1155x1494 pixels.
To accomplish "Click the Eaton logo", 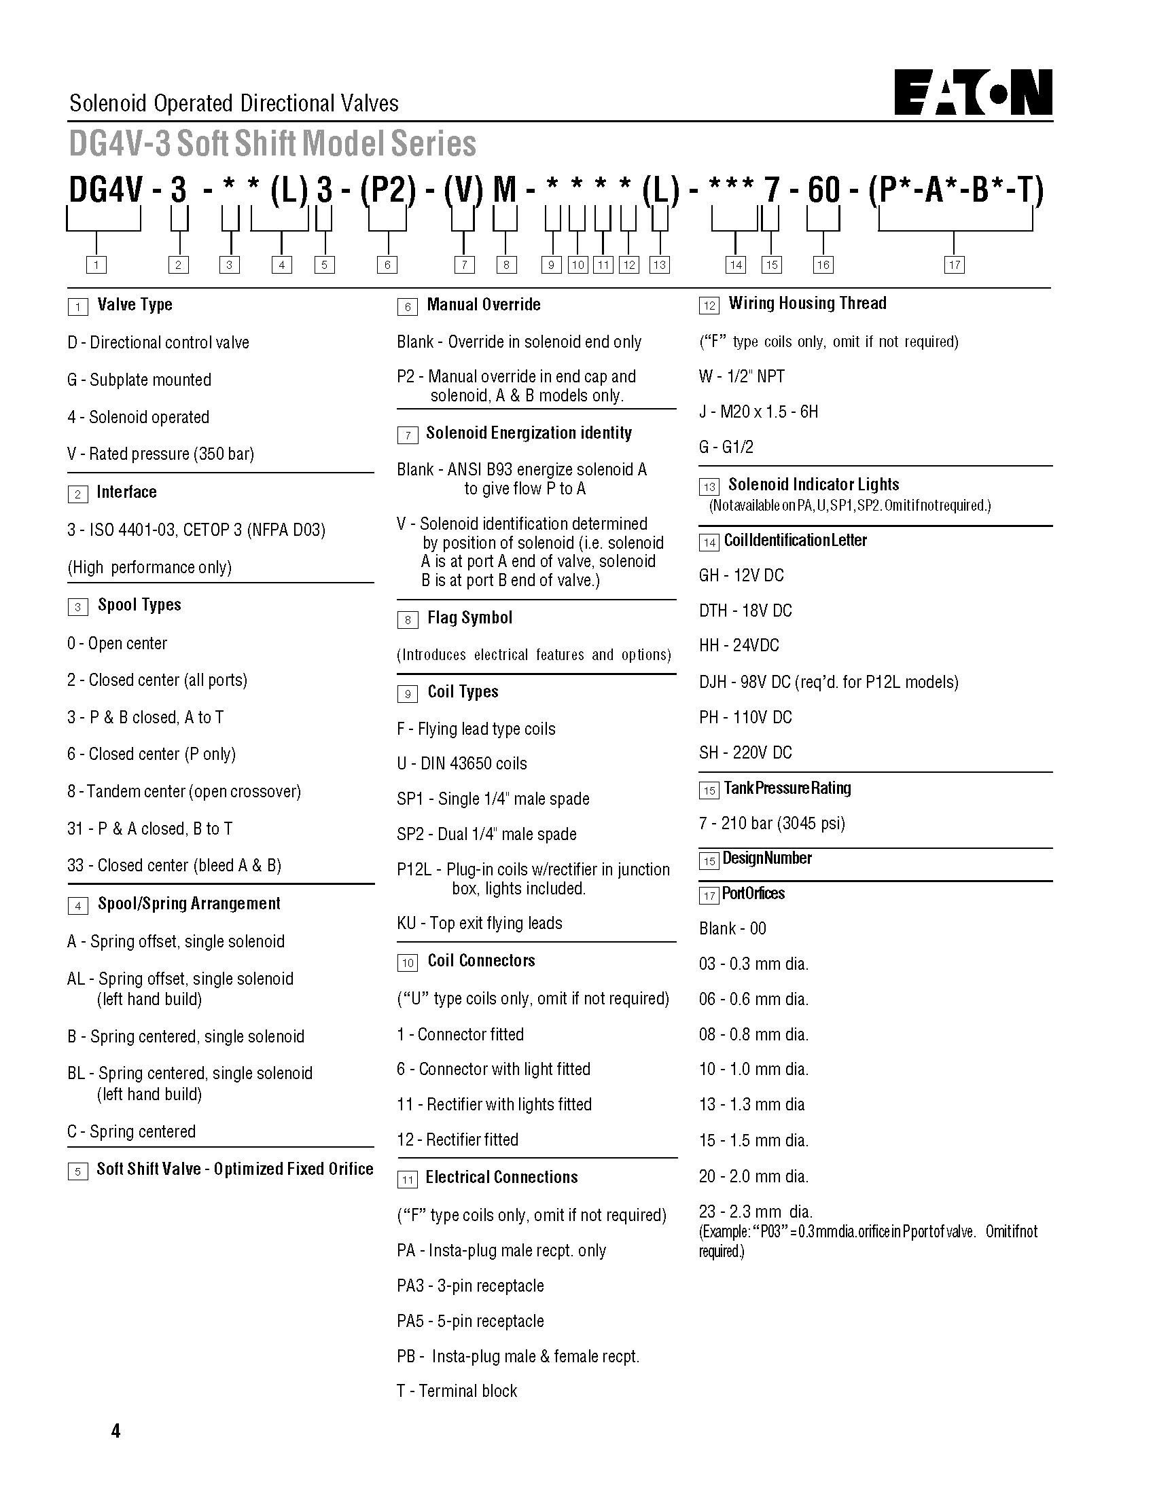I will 973,92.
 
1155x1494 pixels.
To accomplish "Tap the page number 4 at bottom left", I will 115,1430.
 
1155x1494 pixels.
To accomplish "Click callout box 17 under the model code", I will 954,265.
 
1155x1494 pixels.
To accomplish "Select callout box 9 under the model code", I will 551,265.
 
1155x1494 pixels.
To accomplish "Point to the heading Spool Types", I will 139,604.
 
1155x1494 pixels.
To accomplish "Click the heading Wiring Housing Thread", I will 806,304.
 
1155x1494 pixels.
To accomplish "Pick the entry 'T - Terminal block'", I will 457,1391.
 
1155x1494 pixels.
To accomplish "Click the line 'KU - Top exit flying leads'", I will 480,923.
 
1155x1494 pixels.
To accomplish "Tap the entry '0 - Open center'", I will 117,643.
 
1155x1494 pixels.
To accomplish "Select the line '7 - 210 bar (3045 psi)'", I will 772,823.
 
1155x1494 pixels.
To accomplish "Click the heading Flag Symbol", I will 469,618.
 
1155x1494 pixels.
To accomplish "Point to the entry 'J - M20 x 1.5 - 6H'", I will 758,412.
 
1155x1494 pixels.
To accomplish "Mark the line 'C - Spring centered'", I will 131,1131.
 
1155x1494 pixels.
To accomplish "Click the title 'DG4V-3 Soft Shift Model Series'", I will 272,144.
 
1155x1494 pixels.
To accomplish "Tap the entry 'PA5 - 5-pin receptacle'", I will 470,1321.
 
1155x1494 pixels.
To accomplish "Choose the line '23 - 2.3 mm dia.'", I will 756,1211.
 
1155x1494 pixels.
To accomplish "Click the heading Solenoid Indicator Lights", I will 813,485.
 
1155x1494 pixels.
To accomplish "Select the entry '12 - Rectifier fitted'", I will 458,1140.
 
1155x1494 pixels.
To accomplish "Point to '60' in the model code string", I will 823,190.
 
